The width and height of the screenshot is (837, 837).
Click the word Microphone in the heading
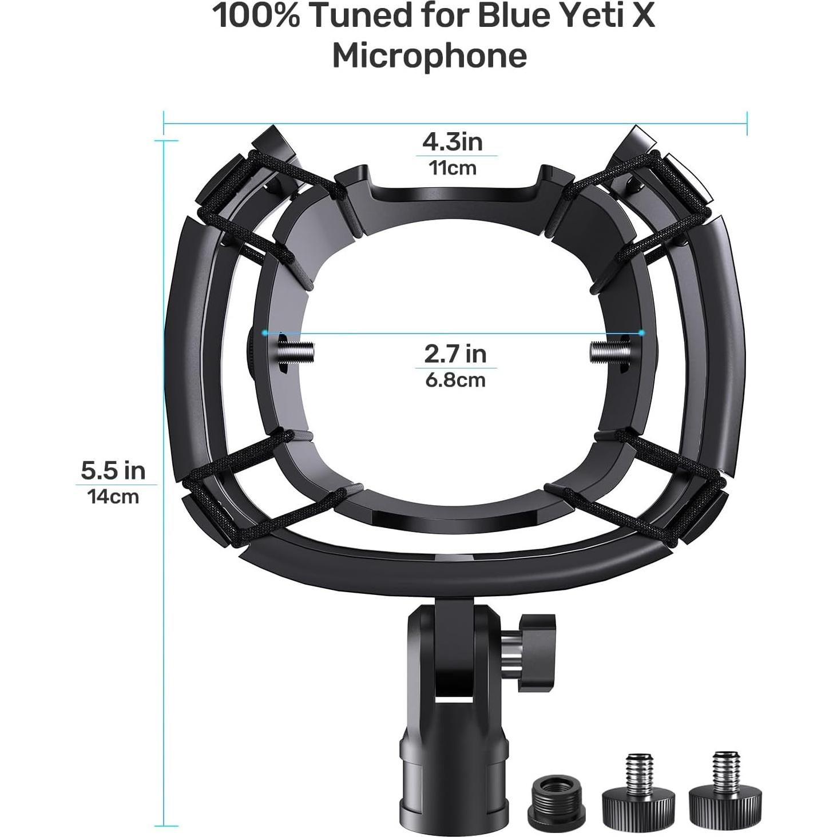click(429, 56)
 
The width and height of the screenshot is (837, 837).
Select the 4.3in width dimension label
click(452, 141)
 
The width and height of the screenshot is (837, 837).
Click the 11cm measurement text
click(452, 168)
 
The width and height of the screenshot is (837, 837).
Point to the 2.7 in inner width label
click(455, 354)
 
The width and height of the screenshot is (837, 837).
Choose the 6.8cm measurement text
click(455, 380)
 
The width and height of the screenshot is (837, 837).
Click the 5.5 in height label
click(113, 470)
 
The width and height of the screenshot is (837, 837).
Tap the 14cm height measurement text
click(113, 497)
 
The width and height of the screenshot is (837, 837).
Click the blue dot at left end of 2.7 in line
click(264, 332)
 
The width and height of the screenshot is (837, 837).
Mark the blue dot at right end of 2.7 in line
click(641, 332)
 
